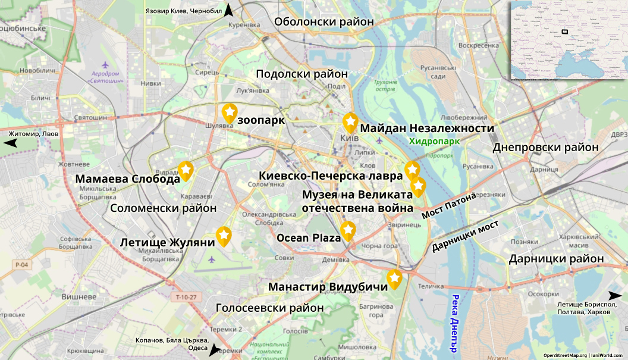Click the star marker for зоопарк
[230, 112]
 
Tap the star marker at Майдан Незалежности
[350, 122]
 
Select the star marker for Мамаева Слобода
[186, 171]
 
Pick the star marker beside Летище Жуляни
[224, 236]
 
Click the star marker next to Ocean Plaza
[348, 231]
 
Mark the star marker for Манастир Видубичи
[394, 278]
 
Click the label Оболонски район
[324, 21]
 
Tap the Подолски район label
[302, 74]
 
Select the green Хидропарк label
[434, 142]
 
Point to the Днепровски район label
[545, 147]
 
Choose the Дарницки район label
[556, 259]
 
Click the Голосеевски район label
[269, 308]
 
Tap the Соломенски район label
[164, 208]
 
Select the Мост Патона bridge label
[449, 205]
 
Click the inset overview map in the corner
[569, 39]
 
